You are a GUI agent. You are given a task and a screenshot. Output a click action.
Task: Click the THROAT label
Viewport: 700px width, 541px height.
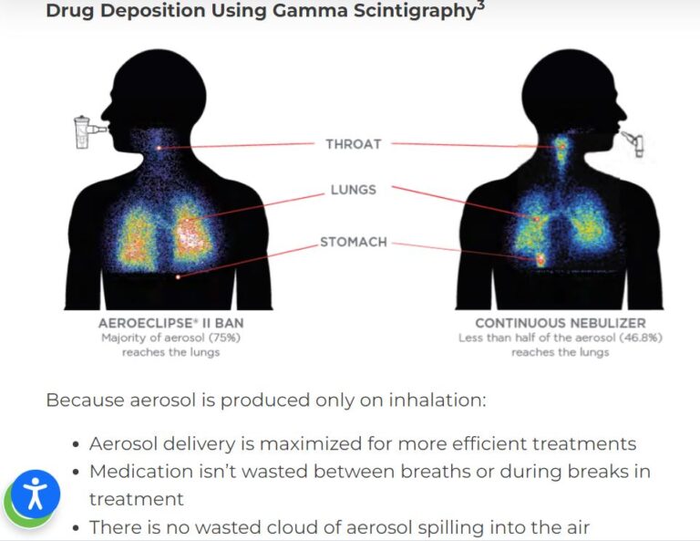(353, 144)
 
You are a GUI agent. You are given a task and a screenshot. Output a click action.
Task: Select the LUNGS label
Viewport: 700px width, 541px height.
(353, 190)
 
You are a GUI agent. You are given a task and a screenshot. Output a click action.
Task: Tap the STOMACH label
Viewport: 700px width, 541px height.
(353, 242)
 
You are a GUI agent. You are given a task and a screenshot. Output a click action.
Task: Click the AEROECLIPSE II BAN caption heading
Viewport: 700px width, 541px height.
(171, 323)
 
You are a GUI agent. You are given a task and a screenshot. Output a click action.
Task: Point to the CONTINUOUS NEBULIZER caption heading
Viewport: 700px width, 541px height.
(561, 323)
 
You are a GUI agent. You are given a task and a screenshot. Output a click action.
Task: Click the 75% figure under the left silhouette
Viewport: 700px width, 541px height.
(226, 338)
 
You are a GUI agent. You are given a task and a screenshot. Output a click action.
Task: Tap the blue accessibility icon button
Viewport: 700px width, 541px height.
(36, 494)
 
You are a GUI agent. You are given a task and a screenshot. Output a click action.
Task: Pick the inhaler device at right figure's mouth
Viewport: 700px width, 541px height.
(634, 143)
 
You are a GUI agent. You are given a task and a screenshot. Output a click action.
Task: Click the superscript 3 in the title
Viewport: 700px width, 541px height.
(481, 5)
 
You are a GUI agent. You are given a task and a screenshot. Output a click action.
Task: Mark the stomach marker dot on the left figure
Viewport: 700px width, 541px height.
(178, 277)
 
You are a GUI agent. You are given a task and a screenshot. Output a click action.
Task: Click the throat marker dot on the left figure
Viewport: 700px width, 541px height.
(159, 148)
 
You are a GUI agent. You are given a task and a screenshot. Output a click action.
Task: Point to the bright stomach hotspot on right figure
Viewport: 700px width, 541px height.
(540, 259)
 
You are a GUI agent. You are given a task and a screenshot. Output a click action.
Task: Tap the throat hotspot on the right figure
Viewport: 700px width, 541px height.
(562, 146)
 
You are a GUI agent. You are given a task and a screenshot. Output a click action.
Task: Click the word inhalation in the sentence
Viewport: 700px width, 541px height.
(437, 400)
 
